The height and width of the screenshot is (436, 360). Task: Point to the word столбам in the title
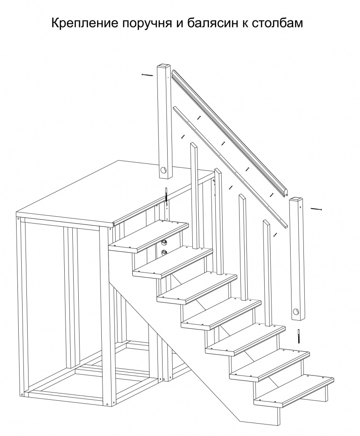coord(277,23)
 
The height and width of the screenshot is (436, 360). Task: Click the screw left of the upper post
coord(147,75)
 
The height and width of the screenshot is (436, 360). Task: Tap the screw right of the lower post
coord(316,209)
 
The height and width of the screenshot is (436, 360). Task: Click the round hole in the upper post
coord(164,169)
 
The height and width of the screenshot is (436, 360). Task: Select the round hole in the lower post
coord(296,311)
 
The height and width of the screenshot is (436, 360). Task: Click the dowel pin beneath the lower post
coord(298,337)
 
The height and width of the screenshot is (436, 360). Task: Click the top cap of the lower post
coord(296,199)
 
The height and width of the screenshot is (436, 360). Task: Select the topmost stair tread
coord(149,236)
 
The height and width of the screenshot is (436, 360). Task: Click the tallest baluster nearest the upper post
coord(194,196)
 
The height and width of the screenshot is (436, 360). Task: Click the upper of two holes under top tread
coord(164,242)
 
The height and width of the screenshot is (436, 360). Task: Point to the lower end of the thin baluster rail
coord(285,225)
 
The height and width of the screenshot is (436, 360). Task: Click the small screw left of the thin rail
coord(183,137)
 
